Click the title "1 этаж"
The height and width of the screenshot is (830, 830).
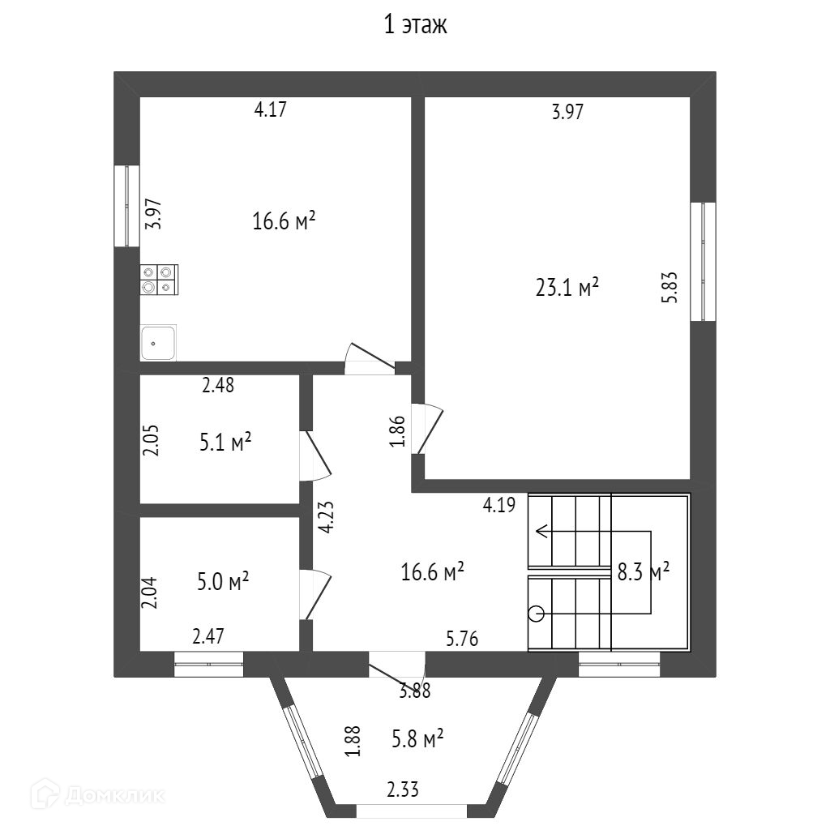[415, 26]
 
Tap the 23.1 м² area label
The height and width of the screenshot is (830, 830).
[567, 287]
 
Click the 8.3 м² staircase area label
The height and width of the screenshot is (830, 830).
[644, 572]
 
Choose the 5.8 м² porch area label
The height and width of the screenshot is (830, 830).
[417, 738]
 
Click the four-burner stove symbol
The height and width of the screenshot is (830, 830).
[159, 280]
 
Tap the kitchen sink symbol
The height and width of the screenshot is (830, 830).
[159, 343]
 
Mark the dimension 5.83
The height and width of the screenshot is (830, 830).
[670, 287]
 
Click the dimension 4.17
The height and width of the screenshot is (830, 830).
[271, 110]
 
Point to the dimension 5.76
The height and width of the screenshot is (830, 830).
[462, 640]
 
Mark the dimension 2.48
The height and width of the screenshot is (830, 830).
[218, 386]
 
